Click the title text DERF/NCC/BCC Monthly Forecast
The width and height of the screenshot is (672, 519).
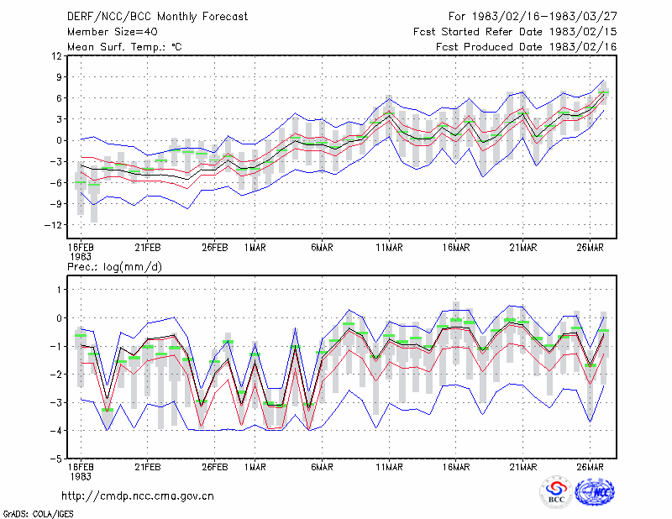coord(157,17)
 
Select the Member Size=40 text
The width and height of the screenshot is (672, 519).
coord(113,32)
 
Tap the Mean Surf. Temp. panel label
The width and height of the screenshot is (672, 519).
coord(124,47)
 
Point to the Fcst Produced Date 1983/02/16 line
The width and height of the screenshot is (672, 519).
coord(527,47)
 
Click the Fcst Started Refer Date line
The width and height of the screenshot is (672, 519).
coord(515,32)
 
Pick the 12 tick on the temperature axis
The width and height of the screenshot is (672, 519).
coord(56,55)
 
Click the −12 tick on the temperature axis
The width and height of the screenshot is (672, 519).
coord(53,225)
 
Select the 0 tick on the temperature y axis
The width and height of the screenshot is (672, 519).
coord(59,140)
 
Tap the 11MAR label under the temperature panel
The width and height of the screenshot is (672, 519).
coord(389,248)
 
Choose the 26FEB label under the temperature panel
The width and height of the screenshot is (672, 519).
coord(215,248)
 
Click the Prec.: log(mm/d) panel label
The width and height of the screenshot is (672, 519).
coord(114,267)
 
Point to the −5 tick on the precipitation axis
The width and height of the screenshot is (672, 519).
coord(56,459)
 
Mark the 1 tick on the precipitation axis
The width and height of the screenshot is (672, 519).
coord(60,290)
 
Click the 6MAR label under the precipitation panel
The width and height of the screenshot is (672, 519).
coord(322,467)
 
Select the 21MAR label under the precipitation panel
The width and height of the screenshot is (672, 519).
coord(522,467)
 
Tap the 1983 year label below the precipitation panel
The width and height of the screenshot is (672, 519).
coord(81,476)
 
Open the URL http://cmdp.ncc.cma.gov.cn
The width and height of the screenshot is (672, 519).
coord(138,496)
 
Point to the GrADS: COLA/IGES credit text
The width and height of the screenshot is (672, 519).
coord(38,514)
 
